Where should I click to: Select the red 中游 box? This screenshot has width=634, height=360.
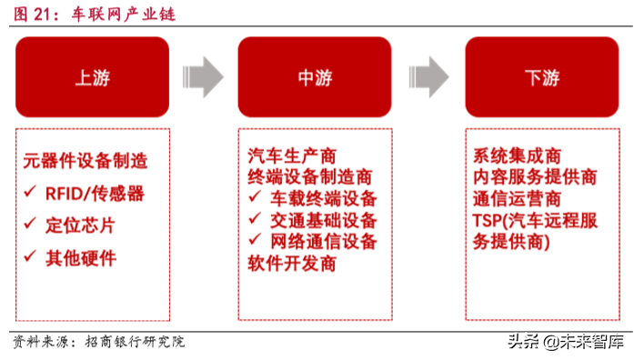coord(315,77)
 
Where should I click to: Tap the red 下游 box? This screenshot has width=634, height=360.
coord(540,77)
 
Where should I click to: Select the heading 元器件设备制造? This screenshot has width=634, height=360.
coord(86,164)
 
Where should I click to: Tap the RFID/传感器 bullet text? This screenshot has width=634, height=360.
coord(95,193)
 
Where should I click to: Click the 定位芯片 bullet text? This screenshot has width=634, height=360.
coord(81,225)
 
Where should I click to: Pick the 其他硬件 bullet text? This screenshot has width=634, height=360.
coord(81,257)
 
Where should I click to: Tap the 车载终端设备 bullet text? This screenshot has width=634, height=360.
coord(323,198)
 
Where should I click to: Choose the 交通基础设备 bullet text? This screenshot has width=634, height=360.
coord(323,220)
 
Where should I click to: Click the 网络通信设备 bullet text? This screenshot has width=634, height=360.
coord(323,242)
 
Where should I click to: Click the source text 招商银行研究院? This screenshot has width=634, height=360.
coord(135,342)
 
